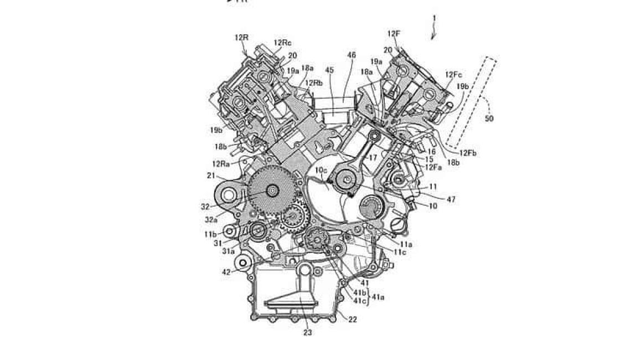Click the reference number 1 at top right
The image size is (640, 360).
[x=435, y=18]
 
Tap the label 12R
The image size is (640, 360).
[x=241, y=38]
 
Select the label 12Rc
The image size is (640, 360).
[x=282, y=43]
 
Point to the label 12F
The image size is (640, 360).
[x=394, y=34]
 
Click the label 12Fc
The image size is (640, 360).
[x=453, y=75]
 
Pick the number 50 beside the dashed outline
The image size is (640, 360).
[x=489, y=118]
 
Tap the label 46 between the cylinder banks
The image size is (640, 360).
[x=352, y=55]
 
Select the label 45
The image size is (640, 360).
[x=330, y=70]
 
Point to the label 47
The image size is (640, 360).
[x=451, y=199]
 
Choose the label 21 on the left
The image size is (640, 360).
[x=211, y=175]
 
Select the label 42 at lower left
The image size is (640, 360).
[x=226, y=272]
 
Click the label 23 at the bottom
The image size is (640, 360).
[x=307, y=333]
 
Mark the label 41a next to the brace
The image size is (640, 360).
[x=379, y=297]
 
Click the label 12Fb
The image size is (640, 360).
[x=468, y=153]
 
